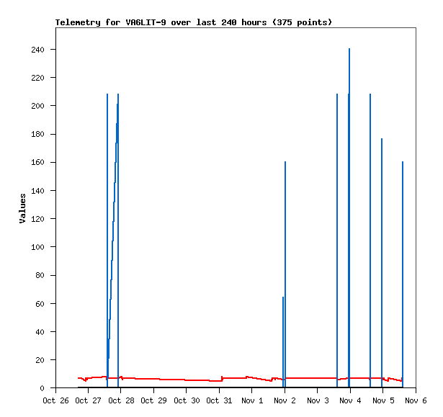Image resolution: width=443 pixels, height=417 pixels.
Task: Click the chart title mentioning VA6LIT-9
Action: tap(194, 22)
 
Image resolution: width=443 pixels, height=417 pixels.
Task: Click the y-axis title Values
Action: tap(22, 208)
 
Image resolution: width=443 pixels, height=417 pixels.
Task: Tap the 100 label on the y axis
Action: tap(42, 247)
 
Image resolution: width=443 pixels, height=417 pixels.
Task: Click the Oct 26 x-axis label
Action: tap(55, 400)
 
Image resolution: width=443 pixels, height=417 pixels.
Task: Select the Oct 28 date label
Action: tap(120, 400)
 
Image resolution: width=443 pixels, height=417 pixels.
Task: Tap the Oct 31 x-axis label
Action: tap(219, 400)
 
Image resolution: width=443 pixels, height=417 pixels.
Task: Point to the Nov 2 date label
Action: tap(285, 400)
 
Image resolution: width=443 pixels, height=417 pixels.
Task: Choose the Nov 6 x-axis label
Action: tap(416, 400)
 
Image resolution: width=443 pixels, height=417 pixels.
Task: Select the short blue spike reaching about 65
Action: tap(283, 338)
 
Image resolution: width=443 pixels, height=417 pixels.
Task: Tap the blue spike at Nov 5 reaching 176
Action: tap(382, 252)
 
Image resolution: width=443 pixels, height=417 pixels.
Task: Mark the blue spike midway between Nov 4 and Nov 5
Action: tap(370, 238)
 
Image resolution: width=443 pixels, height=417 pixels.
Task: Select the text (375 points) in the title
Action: tap(302, 22)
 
